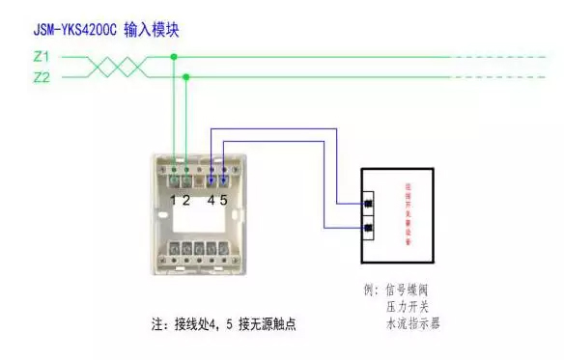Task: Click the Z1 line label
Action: [41, 57]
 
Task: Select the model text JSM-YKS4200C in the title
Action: [75, 30]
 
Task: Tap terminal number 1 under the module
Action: [173, 200]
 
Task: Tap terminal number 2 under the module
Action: [185, 200]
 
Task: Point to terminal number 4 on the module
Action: [211, 200]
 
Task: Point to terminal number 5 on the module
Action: [224, 200]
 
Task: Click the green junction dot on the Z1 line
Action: [174, 57]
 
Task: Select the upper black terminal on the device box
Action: [367, 204]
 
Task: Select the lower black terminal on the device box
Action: [367, 229]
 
